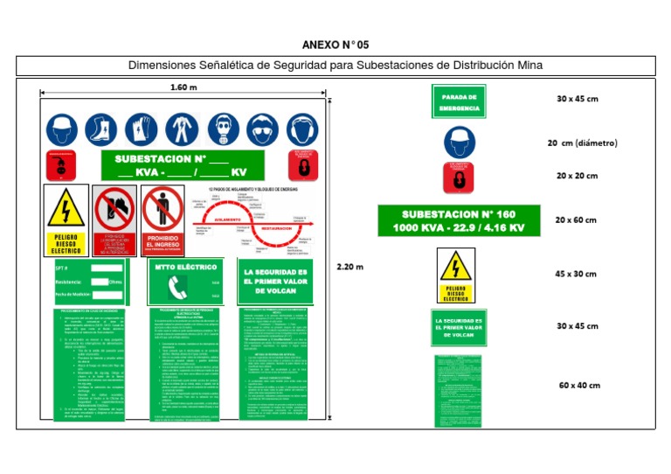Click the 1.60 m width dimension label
tap(183, 87)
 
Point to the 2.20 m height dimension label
tap(350, 267)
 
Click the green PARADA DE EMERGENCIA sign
tap(458, 101)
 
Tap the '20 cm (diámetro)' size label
tap(583, 143)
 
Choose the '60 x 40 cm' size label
tap(579, 385)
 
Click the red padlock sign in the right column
tap(458, 178)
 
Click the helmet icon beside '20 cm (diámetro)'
tap(458, 143)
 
